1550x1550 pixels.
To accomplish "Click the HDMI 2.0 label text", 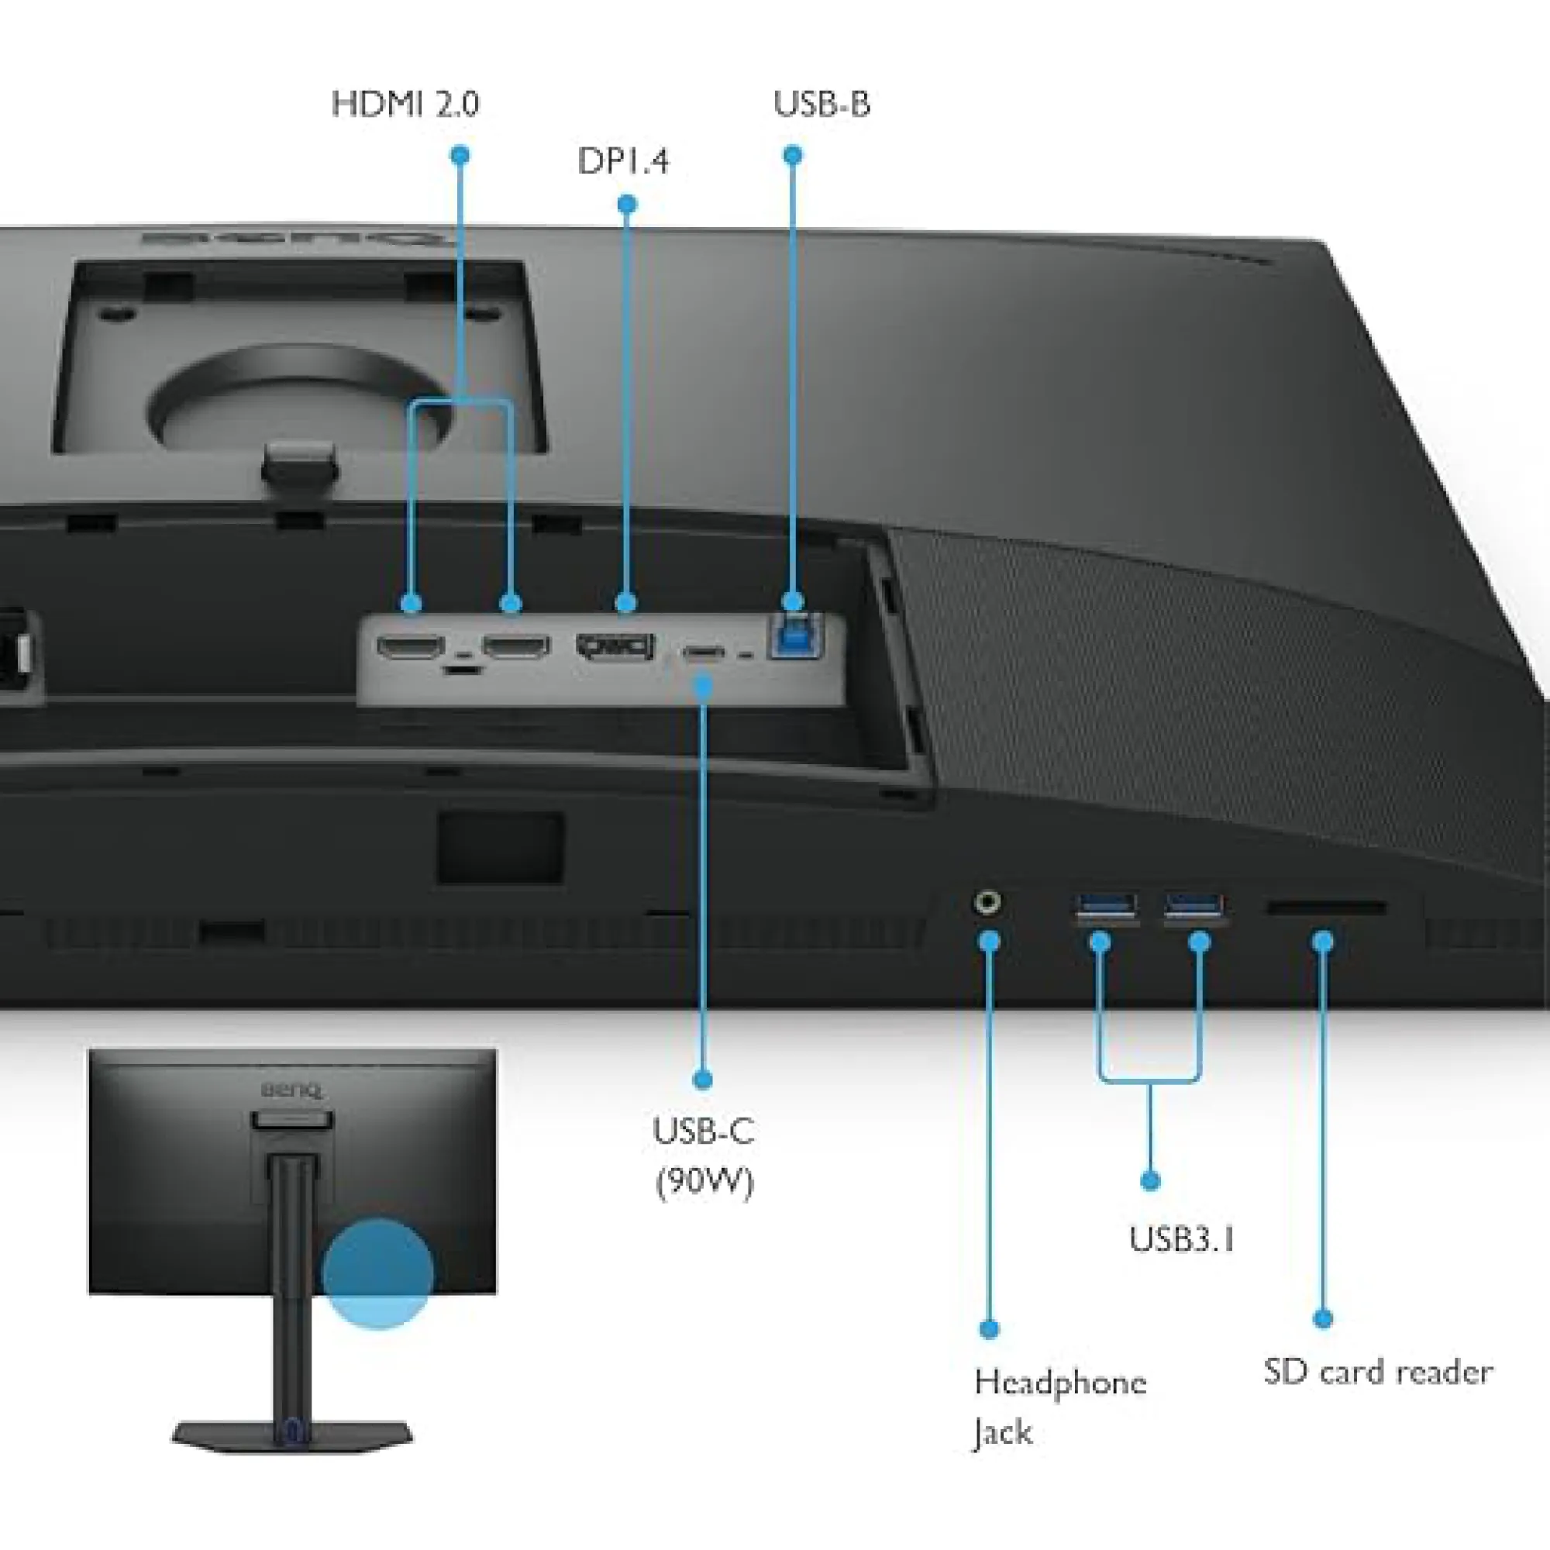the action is tap(405, 105).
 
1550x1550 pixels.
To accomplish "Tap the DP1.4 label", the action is tap(622, 161).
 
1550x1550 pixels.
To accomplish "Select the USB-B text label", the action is tap(821, 105).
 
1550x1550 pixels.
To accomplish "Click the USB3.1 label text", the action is tap(1181, 1239).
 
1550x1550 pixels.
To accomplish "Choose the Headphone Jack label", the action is tap(1059, 1407).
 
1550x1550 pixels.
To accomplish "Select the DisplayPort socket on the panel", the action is tap(615, 646).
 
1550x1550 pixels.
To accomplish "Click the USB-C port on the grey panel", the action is tap(703, 653).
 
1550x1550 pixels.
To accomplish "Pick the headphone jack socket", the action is tap(987, 904).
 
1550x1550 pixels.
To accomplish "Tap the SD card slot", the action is tap(1325, 908).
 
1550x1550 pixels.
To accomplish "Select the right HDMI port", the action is tap(516, 646).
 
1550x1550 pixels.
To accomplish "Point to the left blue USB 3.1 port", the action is tap(1107, 908).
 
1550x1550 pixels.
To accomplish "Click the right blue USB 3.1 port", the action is tap(1194, 908).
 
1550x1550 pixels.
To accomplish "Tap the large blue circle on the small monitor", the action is tap(377, 1274).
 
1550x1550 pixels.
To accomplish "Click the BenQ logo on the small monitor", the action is tap(291, 1090).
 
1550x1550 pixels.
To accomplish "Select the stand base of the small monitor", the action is tap(292, 1434).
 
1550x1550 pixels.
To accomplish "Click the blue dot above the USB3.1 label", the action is tap(1149, 1180).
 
